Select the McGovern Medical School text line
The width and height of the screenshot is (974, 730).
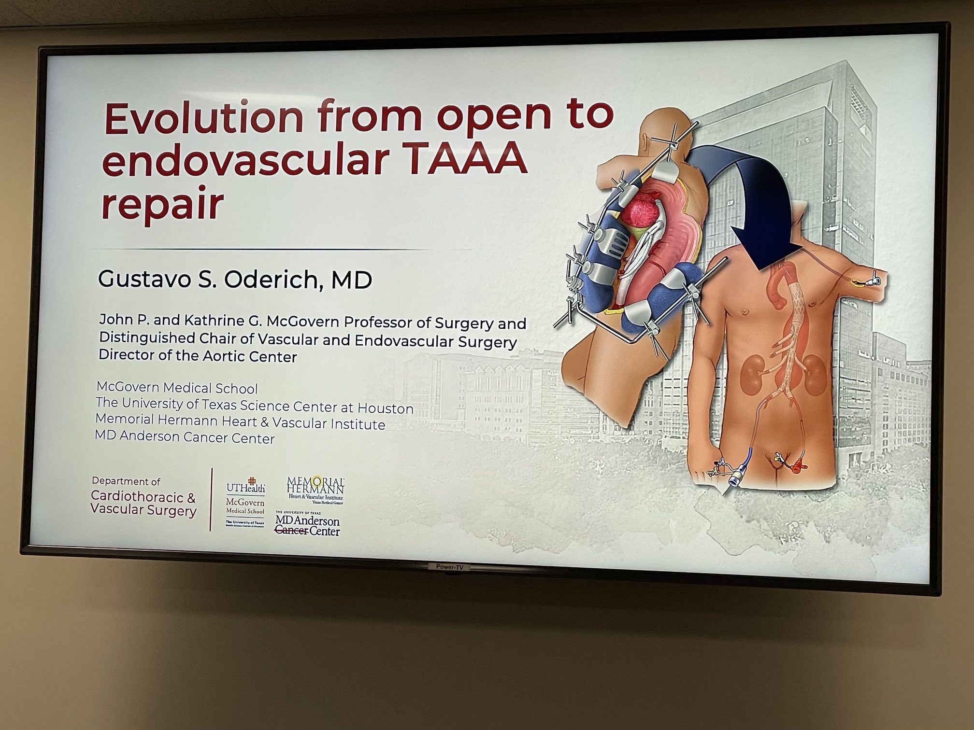point(177,388)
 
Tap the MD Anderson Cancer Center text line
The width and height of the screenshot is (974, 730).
point(185,437)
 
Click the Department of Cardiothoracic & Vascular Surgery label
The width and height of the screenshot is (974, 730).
point(143,498)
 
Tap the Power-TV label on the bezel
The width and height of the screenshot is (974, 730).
point(449,567)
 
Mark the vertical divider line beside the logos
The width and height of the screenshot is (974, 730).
point(212,500)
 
